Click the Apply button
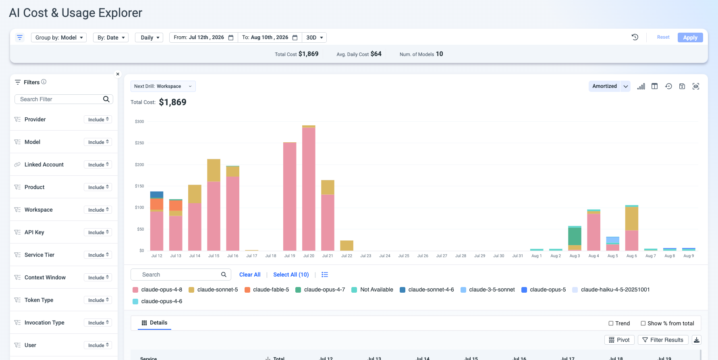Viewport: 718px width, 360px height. [x=690, y=37]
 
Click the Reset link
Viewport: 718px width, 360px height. [x=663, y=37]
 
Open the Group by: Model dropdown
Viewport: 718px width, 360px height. [x=59, y=37]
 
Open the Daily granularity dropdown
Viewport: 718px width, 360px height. [x=149, y=37]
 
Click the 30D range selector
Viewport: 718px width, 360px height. [x=314, y=37]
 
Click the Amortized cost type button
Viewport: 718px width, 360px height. [x=604, y=86]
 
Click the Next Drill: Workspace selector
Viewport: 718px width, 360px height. [x=163, y=86]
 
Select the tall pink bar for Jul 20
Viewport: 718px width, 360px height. [x=309, y=189]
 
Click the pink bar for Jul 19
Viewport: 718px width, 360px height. [x=290, y=196]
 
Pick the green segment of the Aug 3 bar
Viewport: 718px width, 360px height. [x=575, y=236]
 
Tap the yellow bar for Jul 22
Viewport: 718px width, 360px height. [x=347, y=246]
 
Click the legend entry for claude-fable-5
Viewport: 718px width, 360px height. [x=267, y=289]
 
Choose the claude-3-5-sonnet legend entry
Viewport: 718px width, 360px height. [x=488, y=289]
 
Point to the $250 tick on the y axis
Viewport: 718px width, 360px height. [x=139, y=143]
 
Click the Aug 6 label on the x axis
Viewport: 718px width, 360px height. [x=632, y=256]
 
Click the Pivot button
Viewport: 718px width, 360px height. [x=619, y=340]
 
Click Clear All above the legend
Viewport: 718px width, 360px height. [x=250, y=275]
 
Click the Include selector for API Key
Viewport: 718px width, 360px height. [x=98, y=232]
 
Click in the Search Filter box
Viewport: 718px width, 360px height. [x=64, y=99]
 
